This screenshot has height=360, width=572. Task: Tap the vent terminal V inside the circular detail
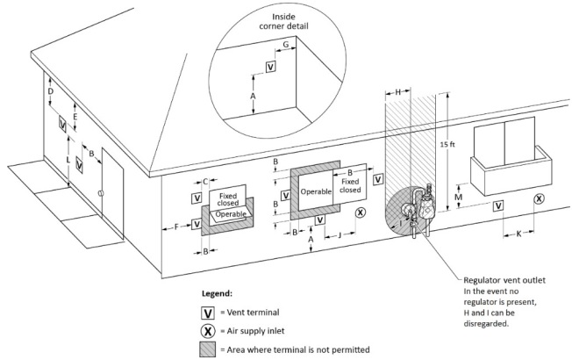[x=270, y=66]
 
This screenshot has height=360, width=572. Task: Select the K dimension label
[x=519, y=234]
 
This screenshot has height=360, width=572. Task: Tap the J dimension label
[x=338, y=234]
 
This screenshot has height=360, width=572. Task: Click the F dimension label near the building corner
[x=176, y=227]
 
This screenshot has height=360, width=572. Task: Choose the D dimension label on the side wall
[x=50, y=91]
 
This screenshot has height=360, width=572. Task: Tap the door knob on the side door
[x=101, y=193]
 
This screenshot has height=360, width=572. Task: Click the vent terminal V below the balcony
[x=498, y=205]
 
